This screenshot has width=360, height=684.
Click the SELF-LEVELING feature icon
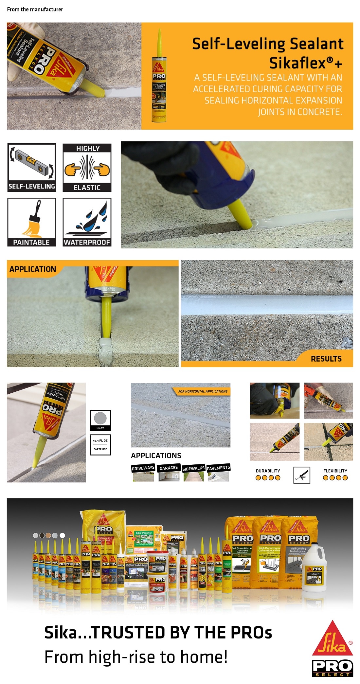click(x=32, y=168)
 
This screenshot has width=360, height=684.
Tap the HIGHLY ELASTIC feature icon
click(x=87, y=168)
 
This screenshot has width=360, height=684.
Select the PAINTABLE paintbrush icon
click(x=32, y=222)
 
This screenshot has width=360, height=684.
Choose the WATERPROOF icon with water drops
click(x=87, y=222)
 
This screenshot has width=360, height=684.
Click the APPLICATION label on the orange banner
click(x=33, y=269)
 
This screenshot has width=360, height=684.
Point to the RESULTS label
click(x=326, y=359)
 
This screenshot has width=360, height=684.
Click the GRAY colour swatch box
click(x=100, y=420)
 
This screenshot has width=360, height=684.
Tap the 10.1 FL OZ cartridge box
click(x=100, y=445)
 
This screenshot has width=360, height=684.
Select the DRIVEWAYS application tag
click(x=143, y=468)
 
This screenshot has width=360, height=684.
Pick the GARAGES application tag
click(x=169, y=468)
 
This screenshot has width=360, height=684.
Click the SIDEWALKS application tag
click(x=193, y=468)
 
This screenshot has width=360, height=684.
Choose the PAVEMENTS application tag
click(x=218, y=468)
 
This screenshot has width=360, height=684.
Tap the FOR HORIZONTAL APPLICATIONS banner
click(x=203, y=391)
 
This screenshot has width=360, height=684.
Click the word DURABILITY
click(x=268, y=471)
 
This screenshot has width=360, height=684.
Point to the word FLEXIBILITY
click(x=335, y=471)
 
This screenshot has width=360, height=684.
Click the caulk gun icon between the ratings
click(x=302, y=475)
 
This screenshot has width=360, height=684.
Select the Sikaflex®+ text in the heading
click(x=306, y=63)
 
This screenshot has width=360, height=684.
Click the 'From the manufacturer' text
click(x=35, y=9)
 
